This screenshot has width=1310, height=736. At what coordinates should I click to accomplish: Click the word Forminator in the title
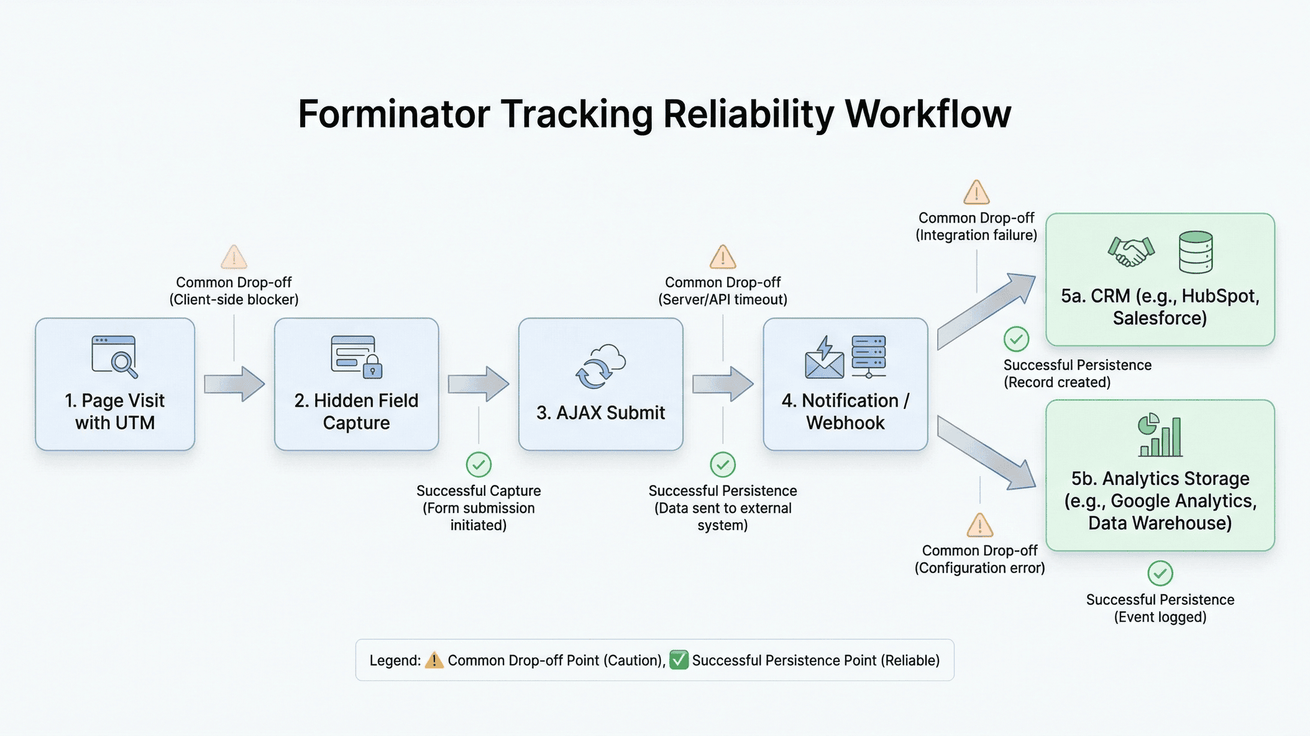point(394,114)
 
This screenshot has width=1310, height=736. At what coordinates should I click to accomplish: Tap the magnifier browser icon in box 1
point(115,357)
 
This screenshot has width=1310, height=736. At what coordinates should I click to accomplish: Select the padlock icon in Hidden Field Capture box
point(372,367)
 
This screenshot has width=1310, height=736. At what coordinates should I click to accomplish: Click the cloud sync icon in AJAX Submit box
point(600,367)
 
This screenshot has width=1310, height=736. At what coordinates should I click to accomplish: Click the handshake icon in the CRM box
point(1131,252)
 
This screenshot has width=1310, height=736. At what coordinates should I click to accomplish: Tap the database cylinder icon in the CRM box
point(1196,252)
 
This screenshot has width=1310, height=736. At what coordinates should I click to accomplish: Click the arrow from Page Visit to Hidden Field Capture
point(234,384)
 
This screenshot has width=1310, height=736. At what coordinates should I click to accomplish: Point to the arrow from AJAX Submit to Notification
point(723,384)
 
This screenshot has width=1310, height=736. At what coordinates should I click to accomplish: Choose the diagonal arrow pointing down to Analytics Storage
point(987,453)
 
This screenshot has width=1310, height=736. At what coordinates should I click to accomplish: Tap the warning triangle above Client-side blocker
point(234,257)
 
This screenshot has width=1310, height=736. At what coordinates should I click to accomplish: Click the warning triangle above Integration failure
point(976,193)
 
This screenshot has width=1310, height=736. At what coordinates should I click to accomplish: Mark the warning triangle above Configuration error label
point(980,526)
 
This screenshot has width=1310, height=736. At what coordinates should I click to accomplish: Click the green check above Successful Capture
point(479,464)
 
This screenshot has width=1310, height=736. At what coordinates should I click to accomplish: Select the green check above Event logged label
point(1160,573)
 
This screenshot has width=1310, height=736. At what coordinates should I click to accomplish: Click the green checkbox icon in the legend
point(679,660)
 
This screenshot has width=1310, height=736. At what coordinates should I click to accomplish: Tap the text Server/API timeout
point(723,300)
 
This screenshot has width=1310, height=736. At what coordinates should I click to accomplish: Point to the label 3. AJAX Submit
point(600,413)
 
